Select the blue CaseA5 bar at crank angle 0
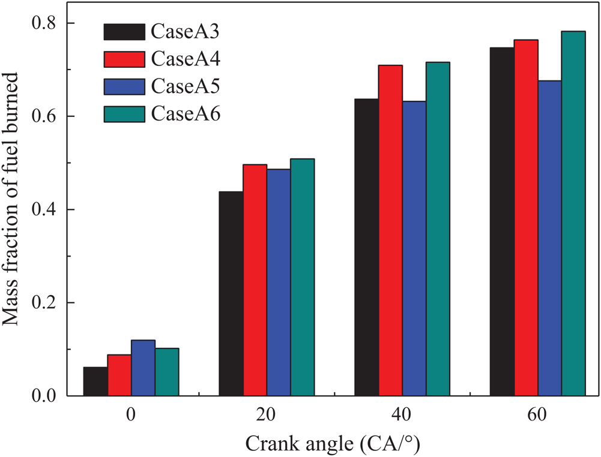pyautogui.click(x=143, y=368)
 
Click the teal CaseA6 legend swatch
pyautogui.click(x=124, y=113)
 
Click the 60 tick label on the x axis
pyautogui.click(x=538, y=415)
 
